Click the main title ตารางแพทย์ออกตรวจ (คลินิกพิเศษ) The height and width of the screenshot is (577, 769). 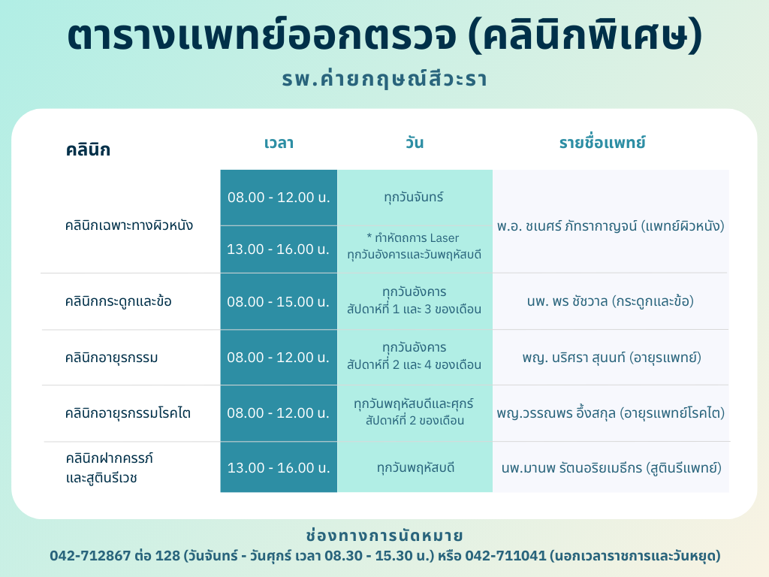tap(384, 35)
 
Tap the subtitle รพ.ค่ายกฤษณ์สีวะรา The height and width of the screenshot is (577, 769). tap(384, 78)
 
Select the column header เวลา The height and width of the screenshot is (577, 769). tap(279, 143)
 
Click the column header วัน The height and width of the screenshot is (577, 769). tap(415, 142)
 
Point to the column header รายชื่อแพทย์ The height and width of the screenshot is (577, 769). tap(602, 142)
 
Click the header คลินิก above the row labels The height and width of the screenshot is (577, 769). tap(89, 150)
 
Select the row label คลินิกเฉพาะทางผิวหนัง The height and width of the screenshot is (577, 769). tap(129, 225)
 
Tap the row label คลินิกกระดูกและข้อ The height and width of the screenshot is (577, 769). tap(118, 301)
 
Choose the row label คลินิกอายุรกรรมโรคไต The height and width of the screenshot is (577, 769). tap(128, 412)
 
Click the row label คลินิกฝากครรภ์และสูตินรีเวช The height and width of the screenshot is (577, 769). tap(110, 467)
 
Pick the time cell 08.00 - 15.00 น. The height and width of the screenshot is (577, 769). tap(278, 301)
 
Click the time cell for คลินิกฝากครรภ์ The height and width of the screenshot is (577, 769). tap(279, 467)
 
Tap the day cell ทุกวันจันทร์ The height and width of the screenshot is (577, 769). tap(414, 198)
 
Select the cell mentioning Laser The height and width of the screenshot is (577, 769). tap(415, 246)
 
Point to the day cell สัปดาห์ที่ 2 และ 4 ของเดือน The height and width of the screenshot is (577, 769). tap(414, 364)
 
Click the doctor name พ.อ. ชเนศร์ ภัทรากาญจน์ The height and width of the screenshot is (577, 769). tap(566, 225)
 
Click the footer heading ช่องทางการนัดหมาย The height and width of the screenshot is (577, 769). tap(384, 535)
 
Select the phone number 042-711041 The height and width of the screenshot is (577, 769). tap(505, 555)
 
